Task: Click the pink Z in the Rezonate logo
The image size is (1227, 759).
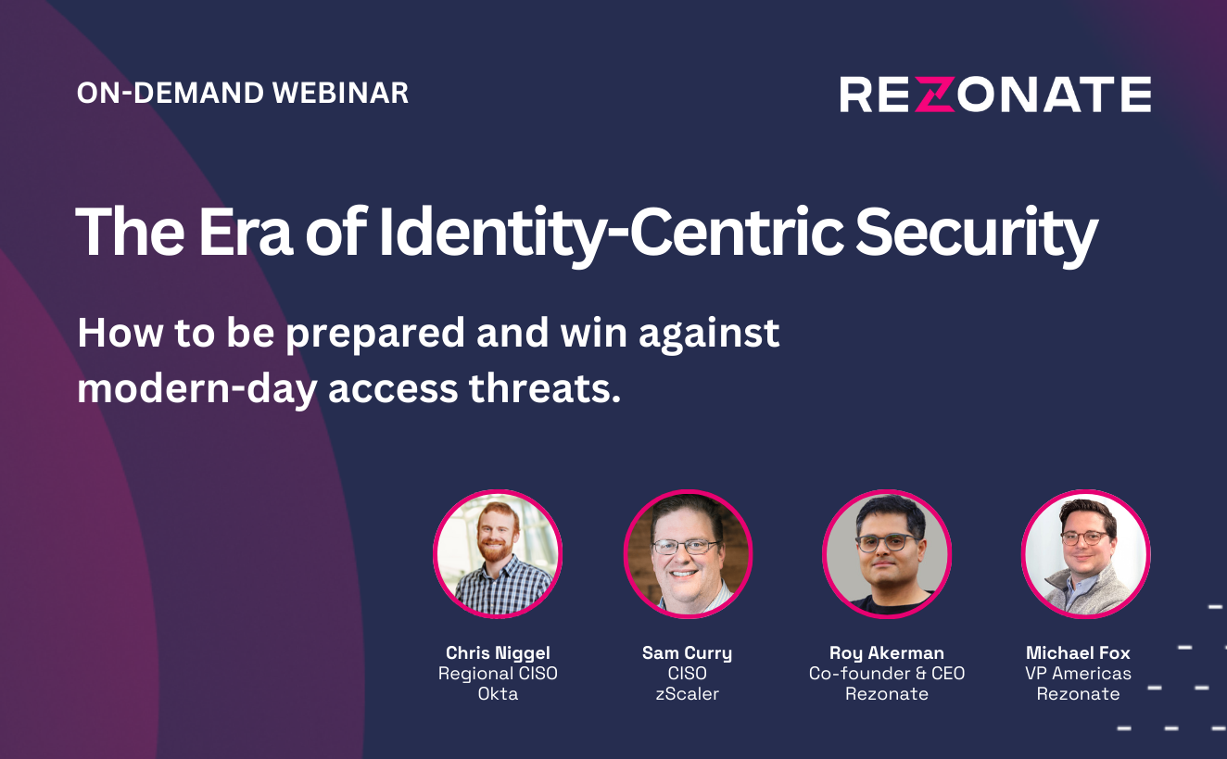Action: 936,95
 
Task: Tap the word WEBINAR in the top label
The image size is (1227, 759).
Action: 341,93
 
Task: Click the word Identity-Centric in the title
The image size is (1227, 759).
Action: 611,234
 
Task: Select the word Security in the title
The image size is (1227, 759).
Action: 977,234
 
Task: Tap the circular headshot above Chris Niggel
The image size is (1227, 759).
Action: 498,553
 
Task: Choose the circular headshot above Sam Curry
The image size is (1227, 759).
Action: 688,553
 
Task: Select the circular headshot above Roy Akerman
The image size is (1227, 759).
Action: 887,553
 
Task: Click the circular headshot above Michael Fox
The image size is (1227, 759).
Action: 1086,553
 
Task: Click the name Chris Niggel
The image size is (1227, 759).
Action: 498,653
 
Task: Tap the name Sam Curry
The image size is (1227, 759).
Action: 687,653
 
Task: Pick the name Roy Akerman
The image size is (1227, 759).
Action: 887,653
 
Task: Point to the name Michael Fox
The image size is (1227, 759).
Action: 1078,652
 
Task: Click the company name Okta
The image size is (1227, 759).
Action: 498,694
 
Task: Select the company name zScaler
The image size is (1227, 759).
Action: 687,694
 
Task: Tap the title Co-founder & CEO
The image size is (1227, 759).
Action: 887,673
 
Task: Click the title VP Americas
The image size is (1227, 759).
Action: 1078,673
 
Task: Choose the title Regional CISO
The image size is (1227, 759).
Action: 498,673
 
